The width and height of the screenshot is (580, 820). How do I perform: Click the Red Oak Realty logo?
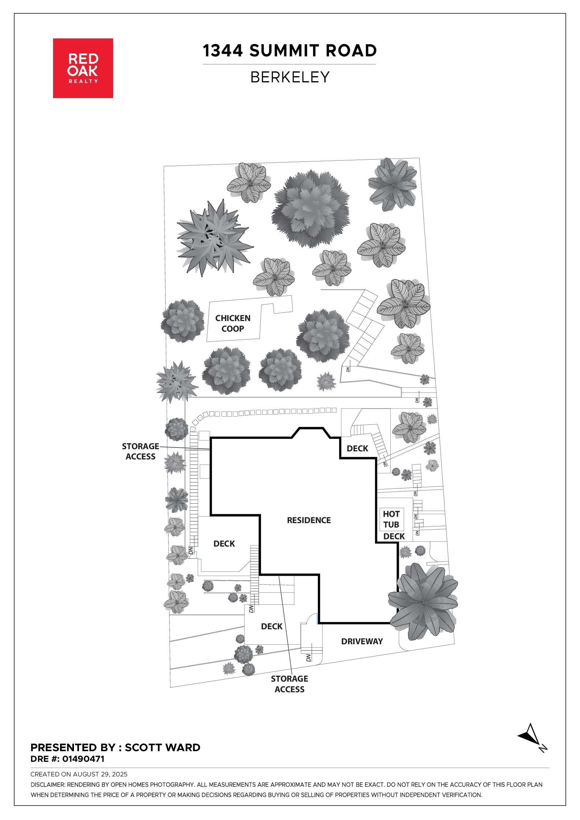(83, 68)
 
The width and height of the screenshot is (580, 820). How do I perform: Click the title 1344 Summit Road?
(289, 51)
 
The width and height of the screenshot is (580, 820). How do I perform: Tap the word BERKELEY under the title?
(290, 77)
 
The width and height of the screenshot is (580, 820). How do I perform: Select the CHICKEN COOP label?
(233, 323)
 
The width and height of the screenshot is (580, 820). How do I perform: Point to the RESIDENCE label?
(309, 520)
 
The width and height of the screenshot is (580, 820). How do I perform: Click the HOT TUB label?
(391, 519)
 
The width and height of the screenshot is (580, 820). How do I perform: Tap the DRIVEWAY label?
(362, 641)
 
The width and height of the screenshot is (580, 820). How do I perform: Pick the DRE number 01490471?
(83, 759)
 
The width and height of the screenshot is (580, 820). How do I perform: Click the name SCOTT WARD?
(163, 748)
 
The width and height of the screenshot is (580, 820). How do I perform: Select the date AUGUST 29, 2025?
(100, 774)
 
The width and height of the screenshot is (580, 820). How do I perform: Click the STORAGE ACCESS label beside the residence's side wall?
(140, 451)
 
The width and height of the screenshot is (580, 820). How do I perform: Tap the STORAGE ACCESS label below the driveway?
(289, 684)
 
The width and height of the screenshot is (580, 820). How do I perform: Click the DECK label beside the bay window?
(357, 448)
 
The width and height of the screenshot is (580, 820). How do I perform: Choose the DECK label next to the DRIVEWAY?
(272, 626)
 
